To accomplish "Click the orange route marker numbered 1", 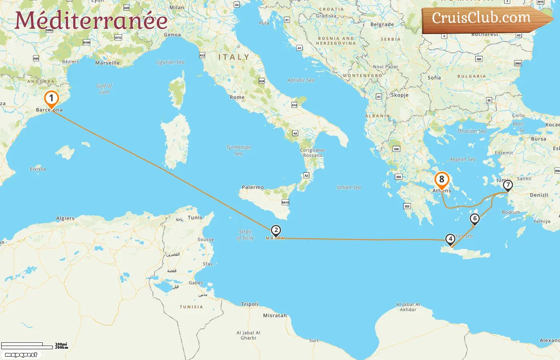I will click(51, 98).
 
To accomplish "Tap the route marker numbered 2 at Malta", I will click(276, 230).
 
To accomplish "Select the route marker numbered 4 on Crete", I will click(450, 239).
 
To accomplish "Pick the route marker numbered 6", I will click(475, 218).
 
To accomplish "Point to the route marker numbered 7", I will click(508, 185).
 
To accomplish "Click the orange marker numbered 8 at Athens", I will click(442, 180).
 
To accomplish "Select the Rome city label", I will click(237, 97).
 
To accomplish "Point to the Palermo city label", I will click(253, 187).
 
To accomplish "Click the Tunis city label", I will click(195, 218).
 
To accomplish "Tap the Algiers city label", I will click(65, 218).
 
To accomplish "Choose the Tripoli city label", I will click(250, 304).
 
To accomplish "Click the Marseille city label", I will click(107, 63).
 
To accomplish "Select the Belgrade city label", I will click(382, 24).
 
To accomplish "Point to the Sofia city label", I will click(434, 78).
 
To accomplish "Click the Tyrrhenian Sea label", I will click(238, 150).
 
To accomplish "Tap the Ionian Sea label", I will click(349, 187).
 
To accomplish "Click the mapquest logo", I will click(21, 355).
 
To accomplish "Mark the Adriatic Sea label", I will click(301, 80).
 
